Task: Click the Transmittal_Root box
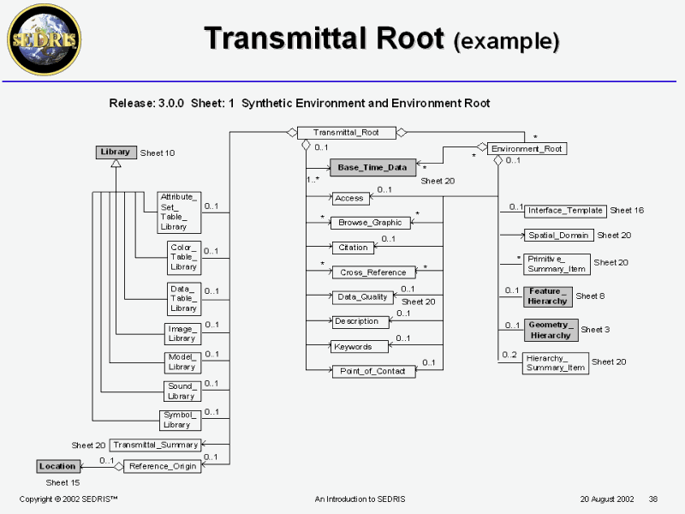pos(346,133)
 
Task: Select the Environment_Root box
pos(527,148)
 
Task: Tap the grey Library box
pos(116,152)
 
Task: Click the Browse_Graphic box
pos(372,223)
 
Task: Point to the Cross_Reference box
pos(373,272)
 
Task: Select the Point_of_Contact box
pos(373,371)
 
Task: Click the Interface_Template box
pos(565,211)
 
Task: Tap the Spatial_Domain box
pos(558,235)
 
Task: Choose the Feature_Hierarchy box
pos(548,296)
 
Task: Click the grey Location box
pos(58,466)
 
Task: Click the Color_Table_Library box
pos(183,257)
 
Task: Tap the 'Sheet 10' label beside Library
pos(158,153)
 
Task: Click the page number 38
pos(653,499)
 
